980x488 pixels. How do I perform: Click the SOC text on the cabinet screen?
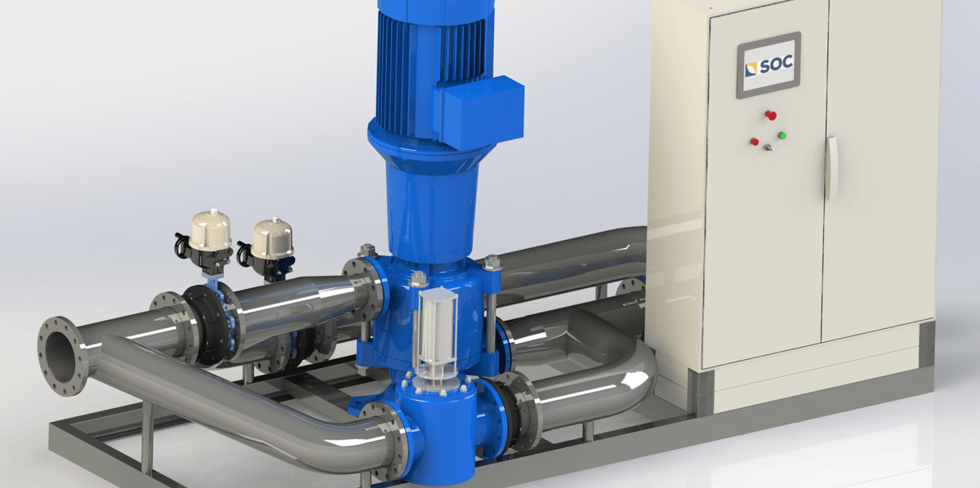point(777,64)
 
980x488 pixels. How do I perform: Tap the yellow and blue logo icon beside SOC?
point(751,69)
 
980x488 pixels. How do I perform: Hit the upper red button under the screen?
point(770,115)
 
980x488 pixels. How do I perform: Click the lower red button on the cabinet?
point(755,142)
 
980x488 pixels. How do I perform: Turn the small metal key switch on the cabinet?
point(768,148)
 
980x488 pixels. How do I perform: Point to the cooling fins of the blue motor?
point(431,65)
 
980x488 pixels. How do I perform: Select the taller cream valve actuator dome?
point(211,228)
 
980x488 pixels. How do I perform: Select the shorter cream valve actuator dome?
point(273,237)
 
